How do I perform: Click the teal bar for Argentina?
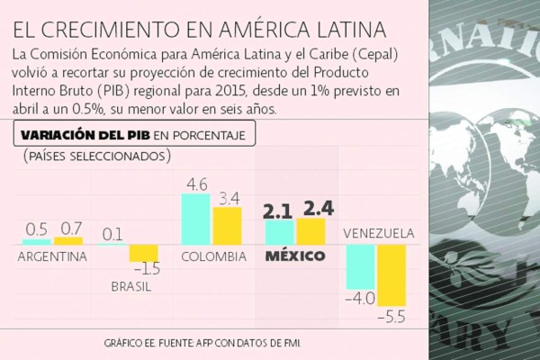(x=36, y=241)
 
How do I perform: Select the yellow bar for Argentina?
(x=67, y=240)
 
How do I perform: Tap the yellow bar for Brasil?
(x=143, y=253)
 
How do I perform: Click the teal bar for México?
(x=279, y=233)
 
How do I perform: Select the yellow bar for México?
(x=310, y=231)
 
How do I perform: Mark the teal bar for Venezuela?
(x=360, y=265)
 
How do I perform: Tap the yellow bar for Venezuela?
(x=391, y=274)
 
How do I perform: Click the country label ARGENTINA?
(x=52, y=256)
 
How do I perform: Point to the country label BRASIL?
(x=130, y=286)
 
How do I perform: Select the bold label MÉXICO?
(x=294, y=256)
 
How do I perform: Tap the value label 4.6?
(x=196, y=184)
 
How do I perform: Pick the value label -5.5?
(x=392, y=317)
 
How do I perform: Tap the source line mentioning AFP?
(x=202, y=343)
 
